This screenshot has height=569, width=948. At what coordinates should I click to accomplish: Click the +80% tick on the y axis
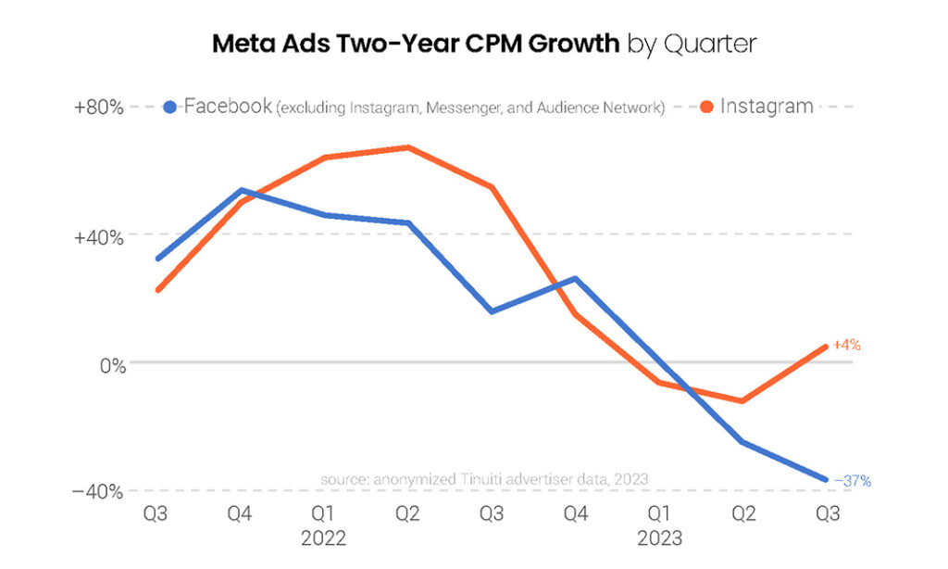[x=98, y=107]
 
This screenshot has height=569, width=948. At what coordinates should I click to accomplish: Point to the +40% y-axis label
[x=98, y=235]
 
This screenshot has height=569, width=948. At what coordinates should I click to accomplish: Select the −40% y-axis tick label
[x=98, y=491]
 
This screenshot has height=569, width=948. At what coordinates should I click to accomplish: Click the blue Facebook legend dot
[x=169, y=107]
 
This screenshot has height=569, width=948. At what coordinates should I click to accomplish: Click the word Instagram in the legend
[x=767, y=106]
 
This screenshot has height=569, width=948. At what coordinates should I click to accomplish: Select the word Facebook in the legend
[x=228, y=106]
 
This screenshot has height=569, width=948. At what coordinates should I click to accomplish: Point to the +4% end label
[x=847, y=345]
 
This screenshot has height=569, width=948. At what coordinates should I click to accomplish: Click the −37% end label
[x=852, y=481]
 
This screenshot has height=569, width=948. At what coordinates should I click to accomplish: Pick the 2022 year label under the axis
[x=324, y=537]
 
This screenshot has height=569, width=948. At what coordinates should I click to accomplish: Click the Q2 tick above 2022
[x=407, y=513]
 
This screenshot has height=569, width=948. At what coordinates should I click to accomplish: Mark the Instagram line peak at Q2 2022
[x=407, y=147]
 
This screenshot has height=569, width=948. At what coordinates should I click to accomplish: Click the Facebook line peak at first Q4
[x=241, y=190]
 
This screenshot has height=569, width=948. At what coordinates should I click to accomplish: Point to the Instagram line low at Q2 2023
[x=742, y=401]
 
